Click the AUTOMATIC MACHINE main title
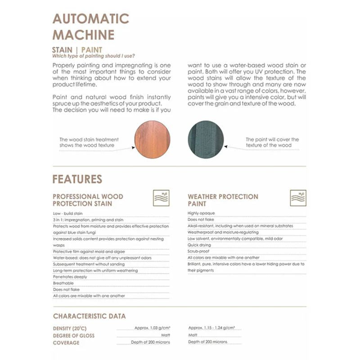click(x=90, y=27)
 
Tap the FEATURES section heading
click(x=77, y=179)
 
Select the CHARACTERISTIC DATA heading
click(x=89, y=316)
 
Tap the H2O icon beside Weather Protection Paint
click(x=298, y=198)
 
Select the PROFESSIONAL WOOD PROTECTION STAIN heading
click(x=88, y=200)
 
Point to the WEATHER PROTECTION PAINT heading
click(x=223, y=200)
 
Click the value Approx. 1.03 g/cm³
click(x=152, y=328)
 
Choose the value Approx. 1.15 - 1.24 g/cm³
click(x=212, y=328)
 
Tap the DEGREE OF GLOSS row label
click(x=74, y=336)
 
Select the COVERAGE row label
click(x=66, y=342)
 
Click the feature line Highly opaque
click(x=201, y=213)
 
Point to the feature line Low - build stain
click(x=67, y=213)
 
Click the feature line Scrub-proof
click(x=198, y=251)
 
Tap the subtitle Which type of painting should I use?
click(x=93, y=56)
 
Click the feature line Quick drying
click(x=200, y=245)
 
